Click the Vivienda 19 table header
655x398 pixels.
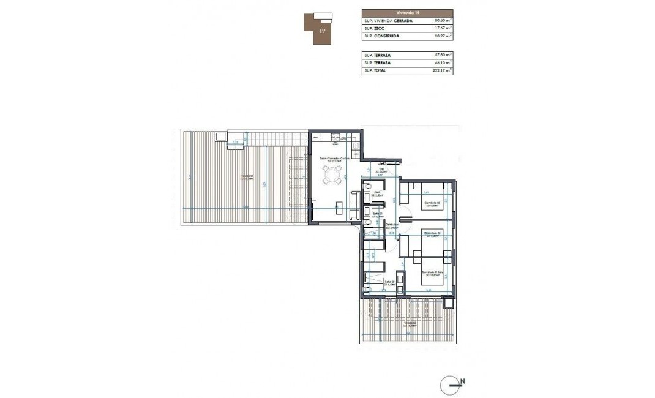pos(407,12)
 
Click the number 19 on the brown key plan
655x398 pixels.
pos(321,29)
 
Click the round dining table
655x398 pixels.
pos(331,177)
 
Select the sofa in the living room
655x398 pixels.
pos(354,205)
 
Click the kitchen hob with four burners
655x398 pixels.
pos(335,138)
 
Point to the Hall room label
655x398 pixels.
pos(381,171)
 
